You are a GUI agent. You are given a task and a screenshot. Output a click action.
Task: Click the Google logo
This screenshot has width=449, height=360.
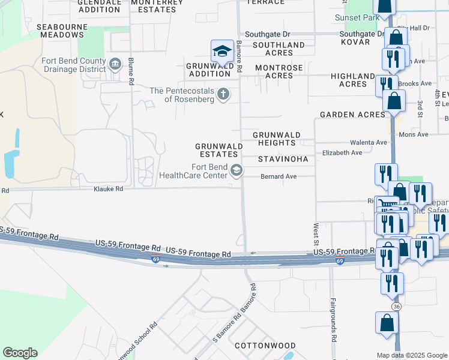pos(20,353)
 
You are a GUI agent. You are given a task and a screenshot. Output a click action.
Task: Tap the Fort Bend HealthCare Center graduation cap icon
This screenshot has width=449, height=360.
pos(237,171)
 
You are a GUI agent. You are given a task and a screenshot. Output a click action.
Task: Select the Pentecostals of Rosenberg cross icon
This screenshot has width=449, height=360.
pos(223,94)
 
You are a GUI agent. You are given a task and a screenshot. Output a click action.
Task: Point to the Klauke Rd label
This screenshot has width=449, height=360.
pos(108,188)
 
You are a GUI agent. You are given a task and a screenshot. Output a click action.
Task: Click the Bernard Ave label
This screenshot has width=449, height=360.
pos(279,176)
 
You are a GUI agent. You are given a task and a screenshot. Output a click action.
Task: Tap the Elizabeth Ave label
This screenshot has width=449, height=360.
pos(342,153)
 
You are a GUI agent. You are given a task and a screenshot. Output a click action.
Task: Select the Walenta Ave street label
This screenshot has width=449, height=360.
pos(369,142)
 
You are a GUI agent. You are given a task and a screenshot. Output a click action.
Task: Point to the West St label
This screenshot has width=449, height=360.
pos(316,235)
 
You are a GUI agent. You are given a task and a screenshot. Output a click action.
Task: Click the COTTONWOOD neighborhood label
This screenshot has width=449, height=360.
pos(265,346)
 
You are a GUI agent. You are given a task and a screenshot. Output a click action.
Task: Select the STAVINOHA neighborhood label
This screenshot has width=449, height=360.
pos(283,160)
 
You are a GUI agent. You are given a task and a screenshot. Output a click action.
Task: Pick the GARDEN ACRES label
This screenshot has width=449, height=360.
pos(352,115)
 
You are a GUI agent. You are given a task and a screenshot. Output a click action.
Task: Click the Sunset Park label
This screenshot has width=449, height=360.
pos(353,18)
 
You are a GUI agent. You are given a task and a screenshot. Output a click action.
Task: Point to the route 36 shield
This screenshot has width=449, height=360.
pos(396,306)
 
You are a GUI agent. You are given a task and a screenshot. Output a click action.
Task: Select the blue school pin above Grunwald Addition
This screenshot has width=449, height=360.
pos(221,52)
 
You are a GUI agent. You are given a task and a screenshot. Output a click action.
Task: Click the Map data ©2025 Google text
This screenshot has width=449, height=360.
pos(411,355)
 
